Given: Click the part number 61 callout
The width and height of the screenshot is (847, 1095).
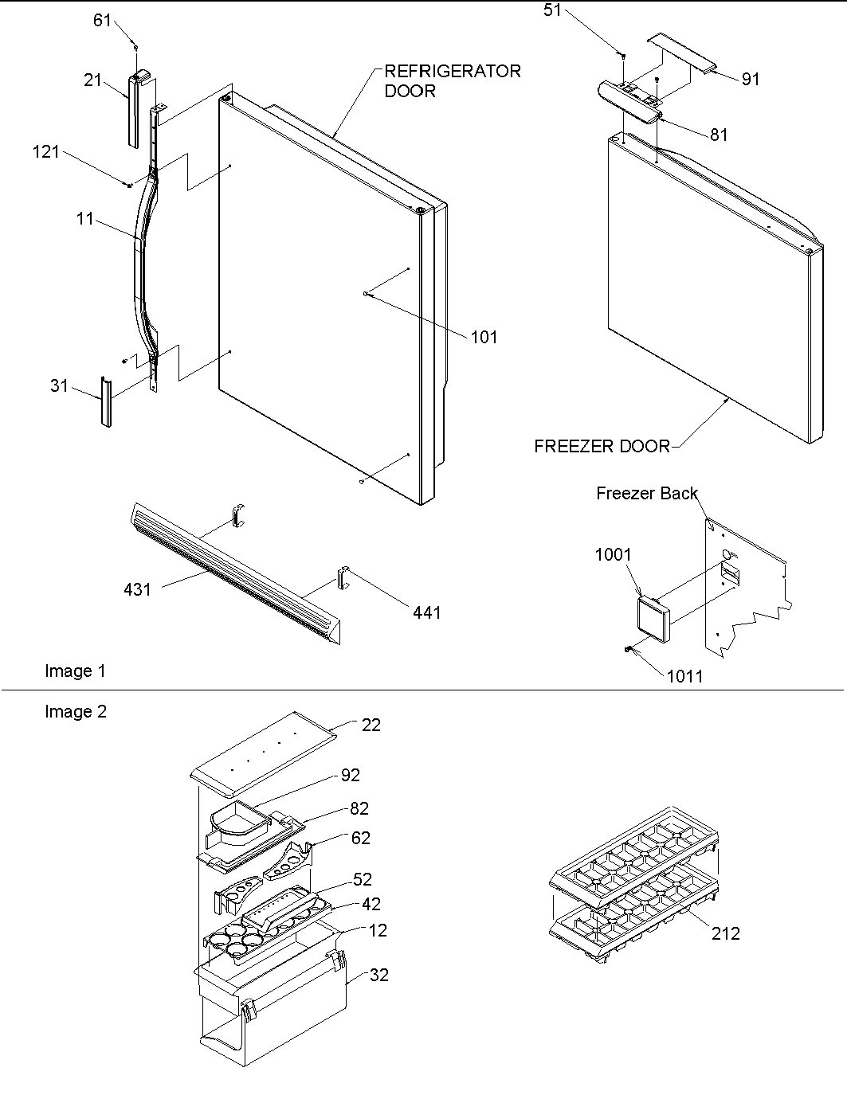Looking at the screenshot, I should pyautogui.click(x=102, y=20).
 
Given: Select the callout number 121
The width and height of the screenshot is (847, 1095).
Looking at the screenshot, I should pyautogui.click(x=45, y=151).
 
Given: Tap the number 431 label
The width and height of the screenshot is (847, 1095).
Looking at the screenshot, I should pyautogui.click(x=137, y=589).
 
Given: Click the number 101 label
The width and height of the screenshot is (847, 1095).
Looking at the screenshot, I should pyautogui.click(x=484, y=337).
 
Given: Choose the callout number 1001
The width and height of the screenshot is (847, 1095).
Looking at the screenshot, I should pyautogui.click(x=613, y=555).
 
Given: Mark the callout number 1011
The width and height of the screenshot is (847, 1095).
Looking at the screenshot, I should pyautogui.click(x=684, y=676).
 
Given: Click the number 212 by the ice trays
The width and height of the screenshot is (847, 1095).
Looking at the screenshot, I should pyautogui.click(x=726, y=933).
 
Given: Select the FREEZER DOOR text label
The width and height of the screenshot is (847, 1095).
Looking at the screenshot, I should pyautogui.click(x=602, y=447).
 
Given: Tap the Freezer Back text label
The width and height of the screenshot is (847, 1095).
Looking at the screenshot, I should pyautogui.click(x=646, y=494).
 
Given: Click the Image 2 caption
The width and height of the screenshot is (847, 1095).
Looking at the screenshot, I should pyautogui.click(x=75, y=712).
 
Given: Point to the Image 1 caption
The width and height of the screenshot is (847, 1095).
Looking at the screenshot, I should pyautogui.click(x=75, y=671).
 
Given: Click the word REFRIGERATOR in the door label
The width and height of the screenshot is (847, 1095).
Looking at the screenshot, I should pyautogui.click(x=453, y=71).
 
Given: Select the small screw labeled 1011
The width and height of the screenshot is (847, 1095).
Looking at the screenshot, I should pyautogui.click(x=629, y=651).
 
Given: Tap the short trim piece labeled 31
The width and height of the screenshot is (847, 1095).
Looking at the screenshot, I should pyautogui.click(x=106, y=401).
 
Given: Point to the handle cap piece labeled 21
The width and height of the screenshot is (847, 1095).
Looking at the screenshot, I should pyautogui.click(x=136, y=108).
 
